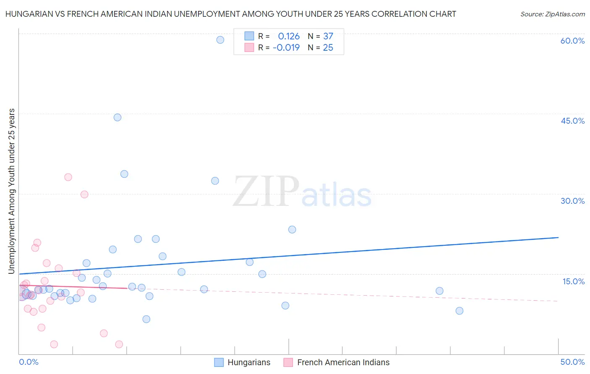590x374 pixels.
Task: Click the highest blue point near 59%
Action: point(220,40)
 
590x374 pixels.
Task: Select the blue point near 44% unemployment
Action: point(117,117)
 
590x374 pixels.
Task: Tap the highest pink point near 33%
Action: point(68,177)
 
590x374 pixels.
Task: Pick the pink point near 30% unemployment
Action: point(84,194)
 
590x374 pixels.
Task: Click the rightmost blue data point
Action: point(459,311)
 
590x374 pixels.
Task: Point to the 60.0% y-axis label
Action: point(572,41)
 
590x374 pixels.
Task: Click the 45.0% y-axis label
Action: point(572,121)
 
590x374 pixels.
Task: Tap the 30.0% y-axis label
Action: point(572,201)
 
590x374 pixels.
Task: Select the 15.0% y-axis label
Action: point(573,281)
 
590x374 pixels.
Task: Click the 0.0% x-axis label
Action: point(29,362)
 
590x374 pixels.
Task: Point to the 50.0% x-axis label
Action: point(572,362)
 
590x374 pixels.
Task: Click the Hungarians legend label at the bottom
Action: point(249,362)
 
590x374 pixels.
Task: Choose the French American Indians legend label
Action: point(343,362)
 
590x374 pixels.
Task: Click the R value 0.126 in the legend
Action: point(289,36)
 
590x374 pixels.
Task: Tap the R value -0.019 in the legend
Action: point(286,47)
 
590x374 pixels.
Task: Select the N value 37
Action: point(328,36)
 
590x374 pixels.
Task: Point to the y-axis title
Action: point(11,191)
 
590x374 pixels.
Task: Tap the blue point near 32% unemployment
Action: point(215,181)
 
